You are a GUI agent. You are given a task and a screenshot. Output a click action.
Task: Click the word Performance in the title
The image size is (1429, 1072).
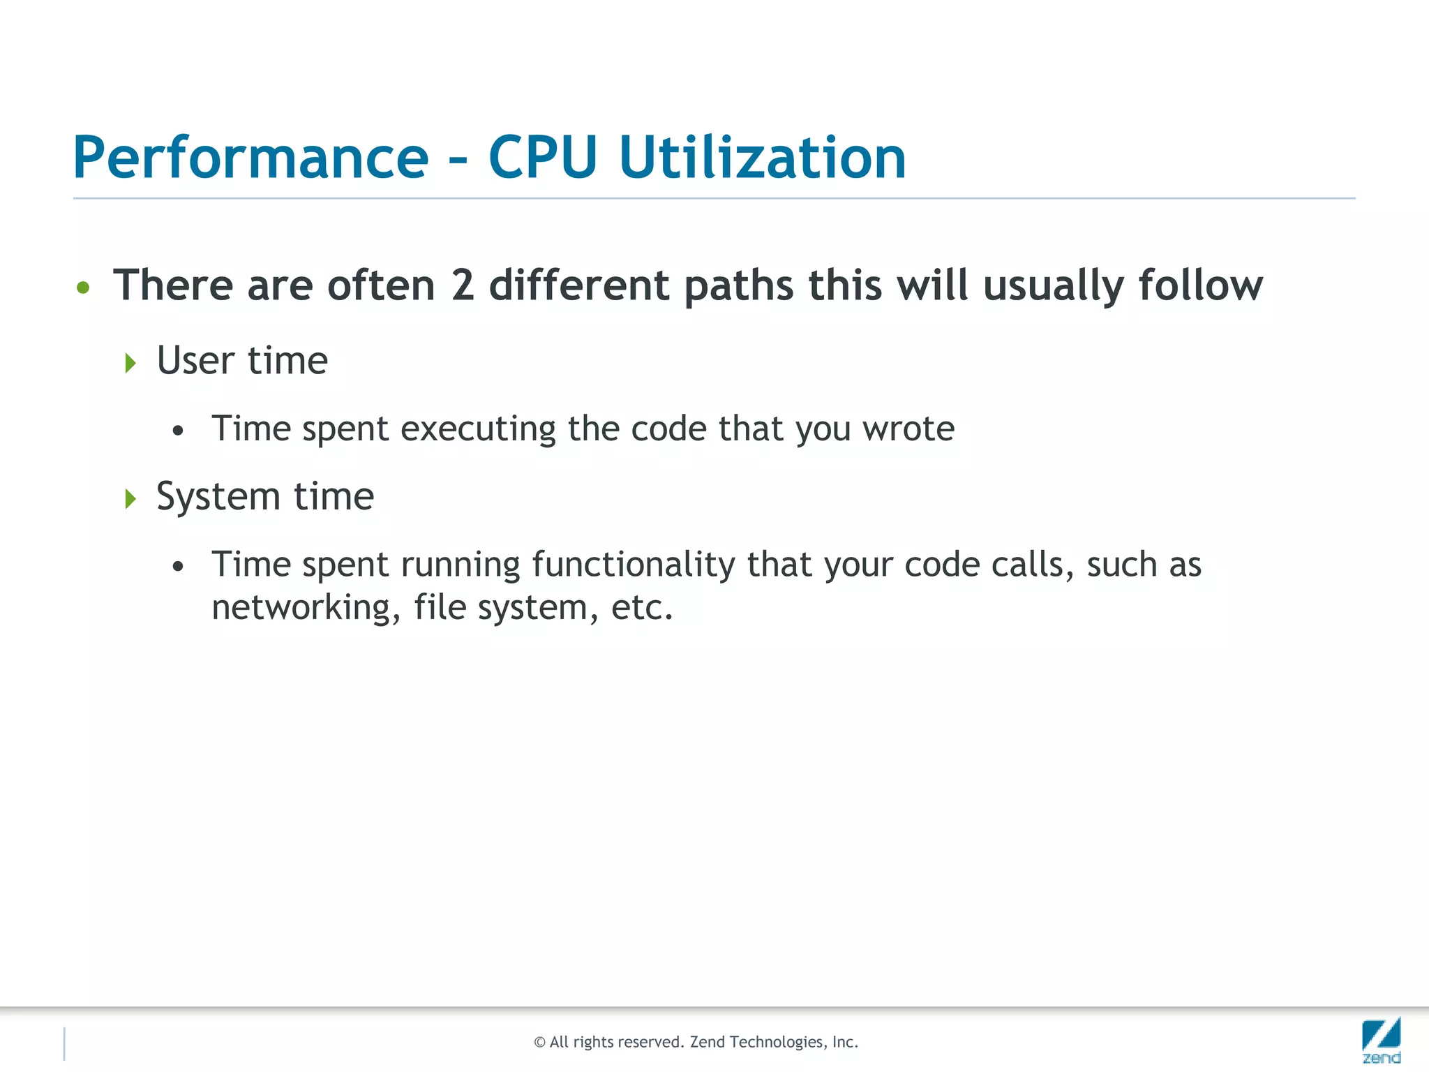pos(250,158)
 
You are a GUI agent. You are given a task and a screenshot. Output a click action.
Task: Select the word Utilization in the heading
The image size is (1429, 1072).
pos(762,158)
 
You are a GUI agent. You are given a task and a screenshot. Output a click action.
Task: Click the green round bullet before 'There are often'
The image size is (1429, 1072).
pos(83,288)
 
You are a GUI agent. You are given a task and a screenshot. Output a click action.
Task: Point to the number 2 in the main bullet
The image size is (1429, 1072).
pos(463,285)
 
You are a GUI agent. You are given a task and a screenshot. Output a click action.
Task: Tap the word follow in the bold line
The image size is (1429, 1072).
pos(1200,285)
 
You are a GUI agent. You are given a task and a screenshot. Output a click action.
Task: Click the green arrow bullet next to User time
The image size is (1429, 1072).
pos(130,363)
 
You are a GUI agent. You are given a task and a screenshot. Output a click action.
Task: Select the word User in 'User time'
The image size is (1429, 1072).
pos(195,361)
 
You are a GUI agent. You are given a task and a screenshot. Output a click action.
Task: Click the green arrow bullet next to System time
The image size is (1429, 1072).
pos(130,499)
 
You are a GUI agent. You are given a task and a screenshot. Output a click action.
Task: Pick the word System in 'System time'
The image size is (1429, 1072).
pos(218,498)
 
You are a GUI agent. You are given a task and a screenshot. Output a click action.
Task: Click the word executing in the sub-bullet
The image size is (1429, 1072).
pos(478,429)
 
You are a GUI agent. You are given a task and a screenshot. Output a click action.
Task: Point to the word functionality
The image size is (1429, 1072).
pos(633,565)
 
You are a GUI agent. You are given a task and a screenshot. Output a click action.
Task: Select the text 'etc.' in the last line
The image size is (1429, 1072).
pos(642,607)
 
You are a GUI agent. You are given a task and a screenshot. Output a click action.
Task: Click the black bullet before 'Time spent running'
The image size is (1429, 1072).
pos(178,566)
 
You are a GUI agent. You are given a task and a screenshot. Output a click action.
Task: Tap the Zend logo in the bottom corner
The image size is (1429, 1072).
pos(1381,1040)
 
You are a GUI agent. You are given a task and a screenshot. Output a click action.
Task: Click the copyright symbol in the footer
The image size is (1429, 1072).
pos(539,1043)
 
